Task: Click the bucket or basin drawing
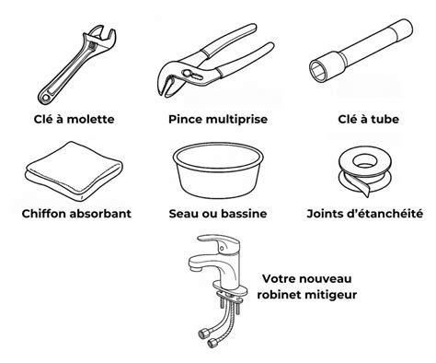(218, 169)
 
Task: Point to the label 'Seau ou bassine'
(218, 214)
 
